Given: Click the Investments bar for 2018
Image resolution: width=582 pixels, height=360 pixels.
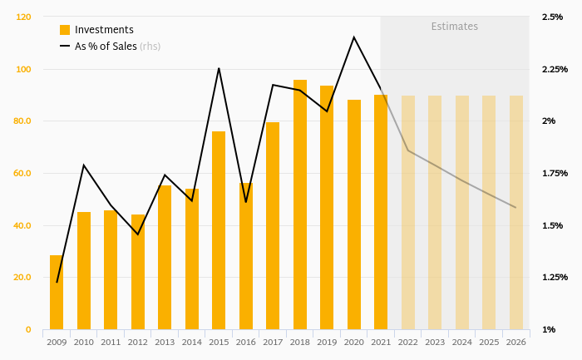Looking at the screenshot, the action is pos(300,205).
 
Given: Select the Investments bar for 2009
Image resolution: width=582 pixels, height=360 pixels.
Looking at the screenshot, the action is pos(57,293).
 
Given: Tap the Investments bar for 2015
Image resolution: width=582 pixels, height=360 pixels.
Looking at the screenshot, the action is pos(219,230).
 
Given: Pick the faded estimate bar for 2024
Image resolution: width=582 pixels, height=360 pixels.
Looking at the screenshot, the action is pos(462,213).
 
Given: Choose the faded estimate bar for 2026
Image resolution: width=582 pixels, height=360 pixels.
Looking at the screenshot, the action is pos(516,213).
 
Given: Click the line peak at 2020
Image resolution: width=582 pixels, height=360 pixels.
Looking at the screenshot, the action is pos(353,37).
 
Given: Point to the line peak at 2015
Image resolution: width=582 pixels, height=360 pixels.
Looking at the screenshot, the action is pos(219,68).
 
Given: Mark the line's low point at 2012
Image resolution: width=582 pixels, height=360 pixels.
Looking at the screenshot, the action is pos(138,234).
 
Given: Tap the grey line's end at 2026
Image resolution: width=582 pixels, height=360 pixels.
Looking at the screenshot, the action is pos(516,207).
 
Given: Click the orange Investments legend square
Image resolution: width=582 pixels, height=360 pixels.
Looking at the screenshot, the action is pos(65,30).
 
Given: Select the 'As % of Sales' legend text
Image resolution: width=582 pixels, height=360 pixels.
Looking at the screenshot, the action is pos(106,47).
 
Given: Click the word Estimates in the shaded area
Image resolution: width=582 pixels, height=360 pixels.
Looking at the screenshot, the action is pos(454,27).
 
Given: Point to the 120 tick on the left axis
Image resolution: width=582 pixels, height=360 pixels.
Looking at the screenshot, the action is pos(23,17).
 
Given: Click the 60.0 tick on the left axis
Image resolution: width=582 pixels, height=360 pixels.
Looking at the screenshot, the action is pos(22,173).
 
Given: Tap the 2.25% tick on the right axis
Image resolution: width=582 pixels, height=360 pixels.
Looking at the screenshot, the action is pos(555,69).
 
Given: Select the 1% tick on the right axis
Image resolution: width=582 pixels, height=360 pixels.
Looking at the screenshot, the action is pos(549,329).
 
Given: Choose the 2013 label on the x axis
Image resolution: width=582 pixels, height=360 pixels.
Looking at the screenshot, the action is pos(165,343).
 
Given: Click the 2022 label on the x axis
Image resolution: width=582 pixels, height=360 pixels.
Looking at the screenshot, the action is pos(408,343).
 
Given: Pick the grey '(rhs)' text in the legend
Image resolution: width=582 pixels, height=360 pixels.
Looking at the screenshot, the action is pos(150,47).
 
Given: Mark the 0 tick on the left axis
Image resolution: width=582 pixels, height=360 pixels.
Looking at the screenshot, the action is pos(28,329).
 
